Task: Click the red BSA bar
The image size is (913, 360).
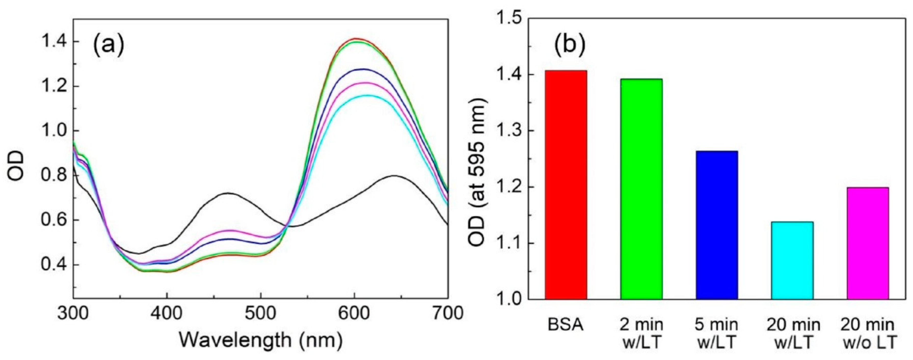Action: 566,184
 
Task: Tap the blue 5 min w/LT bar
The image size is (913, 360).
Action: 717,225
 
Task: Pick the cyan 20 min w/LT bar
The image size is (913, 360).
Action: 792,260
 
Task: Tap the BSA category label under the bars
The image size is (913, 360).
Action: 566,325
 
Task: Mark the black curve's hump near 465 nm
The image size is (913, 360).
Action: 229,193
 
